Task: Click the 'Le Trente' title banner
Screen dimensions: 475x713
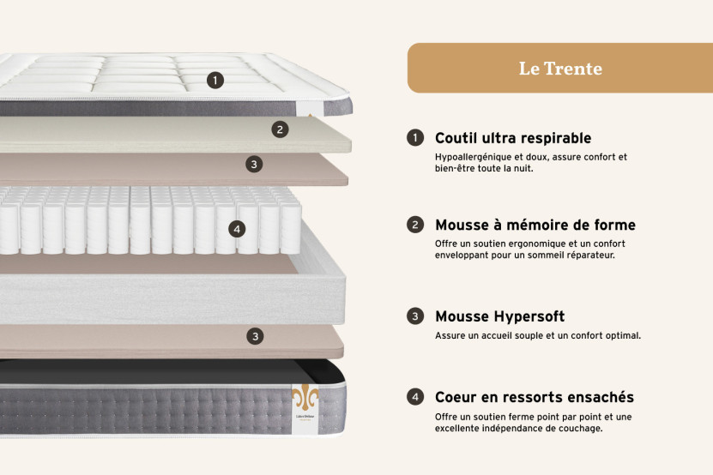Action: point(559,68)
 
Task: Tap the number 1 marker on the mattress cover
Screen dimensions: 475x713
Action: point(215,80)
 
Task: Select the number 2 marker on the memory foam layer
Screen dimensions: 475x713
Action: point(280,129)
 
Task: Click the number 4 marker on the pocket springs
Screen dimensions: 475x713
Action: point(238,229)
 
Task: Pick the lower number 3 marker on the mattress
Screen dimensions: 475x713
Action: point(255,336)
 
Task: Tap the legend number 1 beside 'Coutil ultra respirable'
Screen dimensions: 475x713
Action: point(415,138)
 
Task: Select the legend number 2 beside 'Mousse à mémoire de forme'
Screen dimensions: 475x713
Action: point(415,225)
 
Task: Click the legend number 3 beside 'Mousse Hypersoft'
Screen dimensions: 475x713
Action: point(415,316)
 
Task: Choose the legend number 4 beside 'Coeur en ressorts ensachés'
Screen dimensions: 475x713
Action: point(415,397)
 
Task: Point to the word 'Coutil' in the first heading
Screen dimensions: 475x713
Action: point(456,138)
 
